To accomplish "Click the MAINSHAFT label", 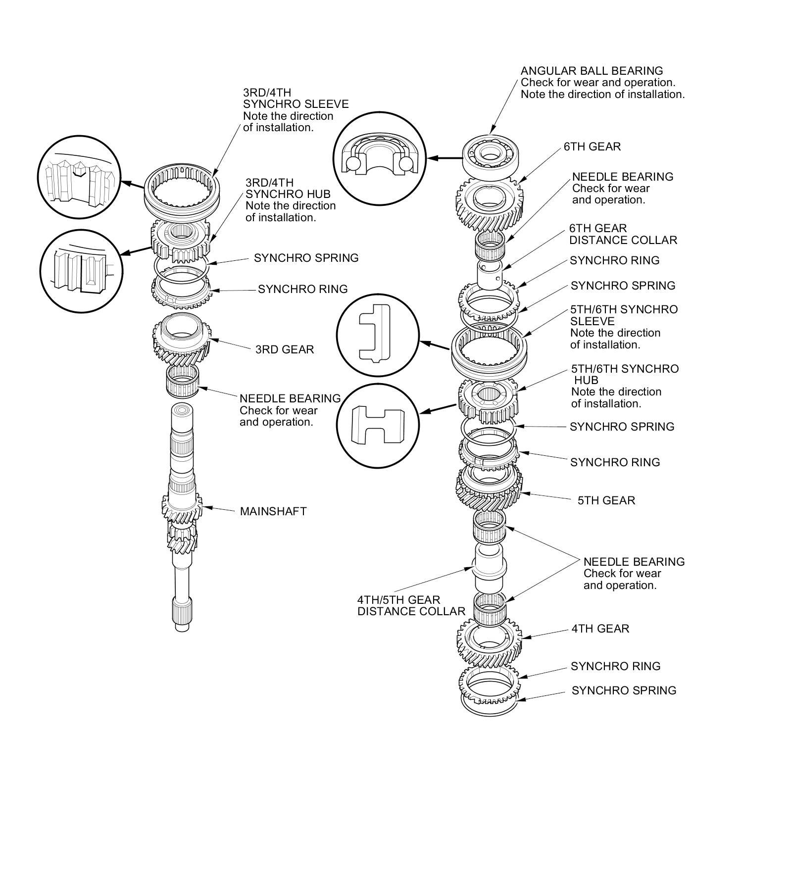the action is point(273,511).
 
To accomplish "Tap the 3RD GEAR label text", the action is point(285,349).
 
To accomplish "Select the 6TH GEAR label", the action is point(592,147).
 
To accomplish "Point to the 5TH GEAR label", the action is point(606,500).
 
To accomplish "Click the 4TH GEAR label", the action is point(600,629).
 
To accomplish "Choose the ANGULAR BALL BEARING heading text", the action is point(592,71).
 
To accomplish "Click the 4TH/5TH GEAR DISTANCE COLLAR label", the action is point(411,605).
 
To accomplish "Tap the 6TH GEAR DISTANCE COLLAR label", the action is point(623,234).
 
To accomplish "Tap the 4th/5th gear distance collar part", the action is point(490,566).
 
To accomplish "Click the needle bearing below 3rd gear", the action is point(183,381).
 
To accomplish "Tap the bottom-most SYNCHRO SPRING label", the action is point(624,690).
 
